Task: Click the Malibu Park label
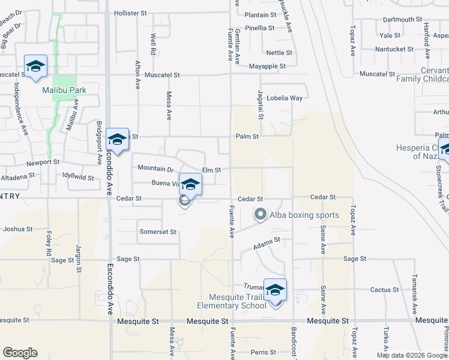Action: coord(64,91)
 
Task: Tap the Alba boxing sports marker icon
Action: coord(261,214)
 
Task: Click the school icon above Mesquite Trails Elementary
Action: coord(275,290)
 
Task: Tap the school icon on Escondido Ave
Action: coord(117,140)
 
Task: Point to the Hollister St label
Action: coord(127,13)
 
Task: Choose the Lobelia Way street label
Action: coord(285,98)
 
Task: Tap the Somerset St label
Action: coord(157,232)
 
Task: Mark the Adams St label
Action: coord(267,242)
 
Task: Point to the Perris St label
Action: coord(264,352)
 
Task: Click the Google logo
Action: coord(20,353)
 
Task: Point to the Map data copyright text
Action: coord(412,355)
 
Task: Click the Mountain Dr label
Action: coord(155,169)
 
